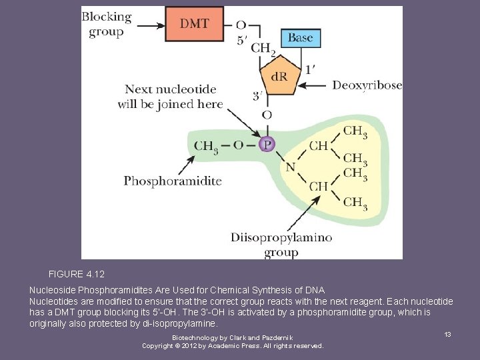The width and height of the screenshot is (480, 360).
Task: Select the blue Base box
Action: (x=300, y=38)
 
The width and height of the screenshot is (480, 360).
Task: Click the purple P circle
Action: (x=267, y=145)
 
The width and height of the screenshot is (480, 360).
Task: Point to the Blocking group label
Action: (x=107, y=24)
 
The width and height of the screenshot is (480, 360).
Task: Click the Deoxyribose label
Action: (x=367, y=85)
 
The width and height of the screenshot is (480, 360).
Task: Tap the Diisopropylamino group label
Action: (x=281, y=245)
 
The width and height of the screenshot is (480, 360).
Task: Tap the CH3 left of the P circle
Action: (x=206, y=145)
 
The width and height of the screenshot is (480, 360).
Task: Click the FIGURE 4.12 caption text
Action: (x=77, y=274)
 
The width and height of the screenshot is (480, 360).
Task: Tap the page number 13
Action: (x=448, y=334)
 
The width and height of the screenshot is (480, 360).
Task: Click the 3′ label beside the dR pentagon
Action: (x=257, y=96)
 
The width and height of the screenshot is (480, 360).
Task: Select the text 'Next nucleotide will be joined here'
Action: (x=170, y=96)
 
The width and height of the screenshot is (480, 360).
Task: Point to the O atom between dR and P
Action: (x=267, y=116)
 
